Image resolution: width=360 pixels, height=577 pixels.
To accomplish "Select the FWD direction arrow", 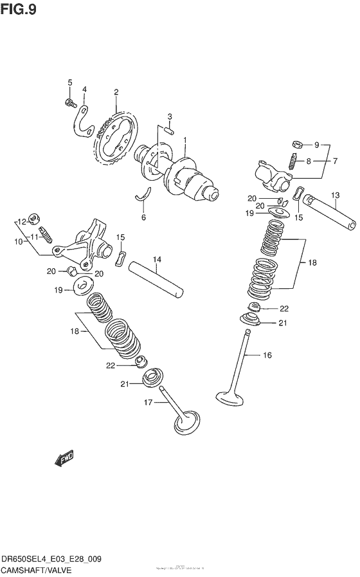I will tap(65, 458).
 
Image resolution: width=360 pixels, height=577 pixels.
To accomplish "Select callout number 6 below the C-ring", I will tap(143, 217).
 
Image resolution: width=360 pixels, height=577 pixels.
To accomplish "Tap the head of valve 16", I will tap(228, 395).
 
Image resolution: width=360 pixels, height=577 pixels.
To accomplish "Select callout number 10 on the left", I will tap(19, 241).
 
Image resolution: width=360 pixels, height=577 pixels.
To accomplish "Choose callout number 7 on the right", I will tap(334, 161).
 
